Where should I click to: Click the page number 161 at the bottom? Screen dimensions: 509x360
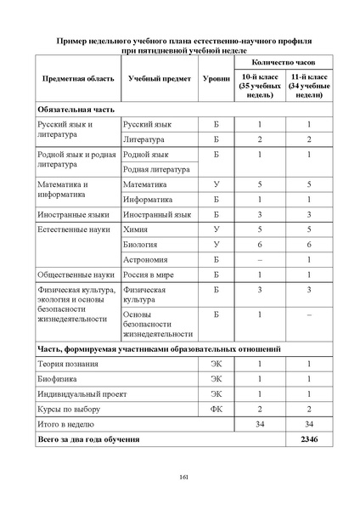click(x=183, y=476)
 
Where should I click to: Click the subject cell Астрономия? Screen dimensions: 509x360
click(x=145, y=260)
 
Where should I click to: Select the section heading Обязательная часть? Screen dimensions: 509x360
click(x=75, y=110)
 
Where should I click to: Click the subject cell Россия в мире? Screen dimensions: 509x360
click(x=150, y=275)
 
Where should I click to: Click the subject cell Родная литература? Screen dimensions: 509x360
click(x=157, y=169)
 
